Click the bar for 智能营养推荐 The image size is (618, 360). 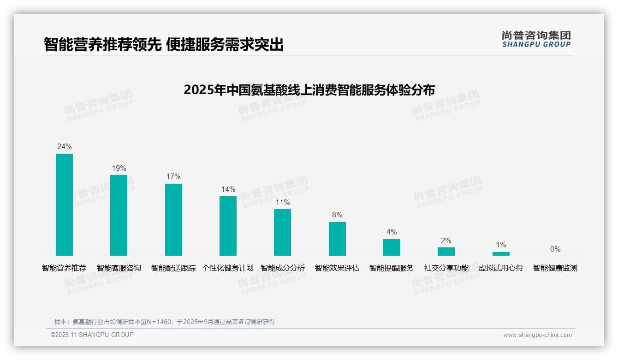[64, 204]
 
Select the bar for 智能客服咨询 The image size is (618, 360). [119, 215]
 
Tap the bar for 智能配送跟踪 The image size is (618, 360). [173, 220]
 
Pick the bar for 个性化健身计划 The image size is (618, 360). [228, 226]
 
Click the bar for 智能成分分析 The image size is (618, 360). [282, 232]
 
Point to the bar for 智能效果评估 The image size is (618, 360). [337, 239]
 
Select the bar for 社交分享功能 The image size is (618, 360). [446, 252]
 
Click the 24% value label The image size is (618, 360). [64, 147]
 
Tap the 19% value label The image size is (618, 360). [119, 168]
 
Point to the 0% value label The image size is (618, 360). [555, 249]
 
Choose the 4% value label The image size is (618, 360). [392, 232]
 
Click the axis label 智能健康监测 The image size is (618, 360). [555, 268]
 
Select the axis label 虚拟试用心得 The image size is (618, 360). [501, 268]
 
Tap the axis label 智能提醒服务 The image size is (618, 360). [392, 268]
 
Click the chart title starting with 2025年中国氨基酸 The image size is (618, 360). [309, 90]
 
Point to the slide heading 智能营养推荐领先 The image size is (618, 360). [164, 45]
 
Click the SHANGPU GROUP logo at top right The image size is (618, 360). [536, 39]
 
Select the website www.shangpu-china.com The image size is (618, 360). [537, 335]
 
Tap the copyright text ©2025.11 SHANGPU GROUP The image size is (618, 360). [92, 335]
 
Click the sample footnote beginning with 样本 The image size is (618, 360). [165, 322]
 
